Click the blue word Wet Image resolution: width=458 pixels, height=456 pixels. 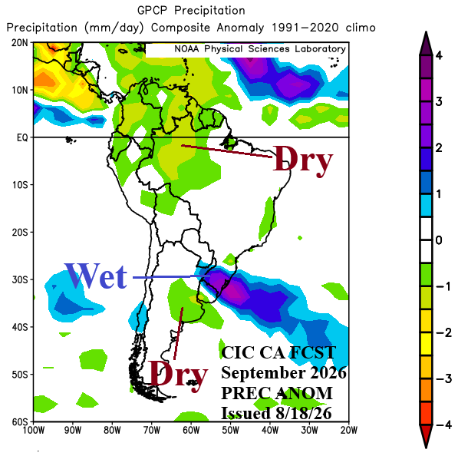96,276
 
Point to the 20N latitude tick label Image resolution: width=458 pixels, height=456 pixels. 20,43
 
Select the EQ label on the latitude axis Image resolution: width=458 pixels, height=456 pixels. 22,137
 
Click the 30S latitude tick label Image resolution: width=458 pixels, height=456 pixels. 20,279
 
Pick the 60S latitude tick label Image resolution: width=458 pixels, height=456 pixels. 20,421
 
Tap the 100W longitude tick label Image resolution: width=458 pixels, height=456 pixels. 34,430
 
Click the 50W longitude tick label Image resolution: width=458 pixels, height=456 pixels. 231,430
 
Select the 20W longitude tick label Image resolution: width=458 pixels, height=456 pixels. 349,430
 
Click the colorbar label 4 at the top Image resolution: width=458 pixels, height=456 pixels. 439,55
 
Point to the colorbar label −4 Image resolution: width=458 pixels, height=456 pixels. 444,425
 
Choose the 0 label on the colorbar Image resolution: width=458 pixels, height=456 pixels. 438,240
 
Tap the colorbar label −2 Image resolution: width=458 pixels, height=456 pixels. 444,332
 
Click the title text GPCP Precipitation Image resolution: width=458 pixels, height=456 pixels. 191,11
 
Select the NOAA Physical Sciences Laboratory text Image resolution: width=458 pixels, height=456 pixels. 260,49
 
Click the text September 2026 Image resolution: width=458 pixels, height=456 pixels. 284,372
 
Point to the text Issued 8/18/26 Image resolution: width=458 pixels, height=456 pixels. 276,413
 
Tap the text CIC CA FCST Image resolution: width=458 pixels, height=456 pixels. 278,352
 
